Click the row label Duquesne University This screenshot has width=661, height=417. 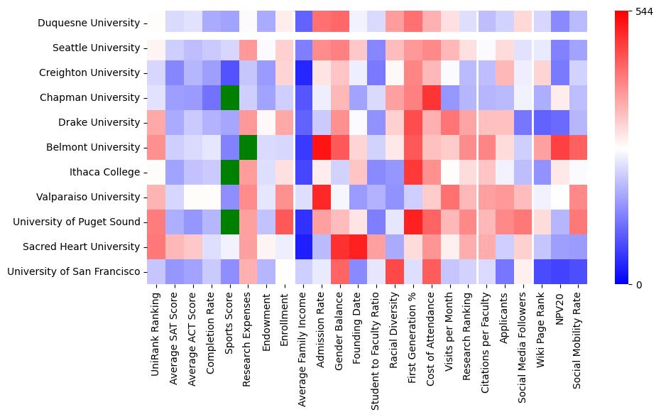coord(88,23)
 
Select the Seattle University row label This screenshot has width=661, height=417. coord(96,48)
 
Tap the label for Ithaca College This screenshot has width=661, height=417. coord(104,172)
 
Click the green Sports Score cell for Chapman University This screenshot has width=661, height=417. coord(230,97)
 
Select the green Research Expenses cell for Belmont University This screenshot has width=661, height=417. coord(248,147)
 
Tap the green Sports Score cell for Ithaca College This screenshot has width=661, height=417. coord(230,172)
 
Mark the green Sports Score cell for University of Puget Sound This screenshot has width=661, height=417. coord(230,222)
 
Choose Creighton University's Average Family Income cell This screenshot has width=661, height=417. coord(304,72)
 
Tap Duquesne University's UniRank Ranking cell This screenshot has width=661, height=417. coord(155,23)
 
